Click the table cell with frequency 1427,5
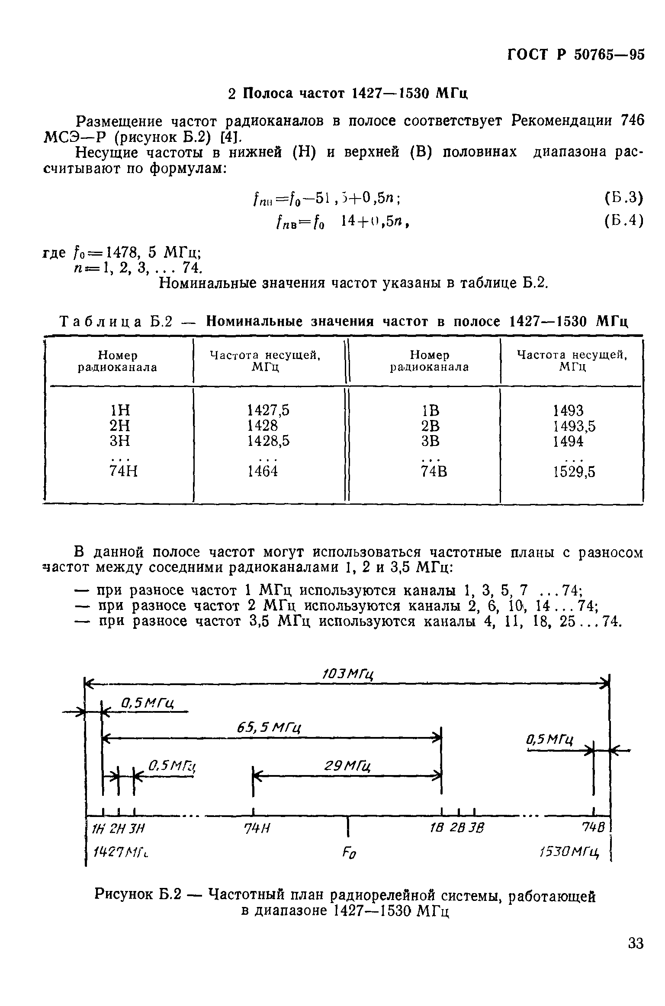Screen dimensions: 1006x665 268,410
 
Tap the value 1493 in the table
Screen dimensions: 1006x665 568,410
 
